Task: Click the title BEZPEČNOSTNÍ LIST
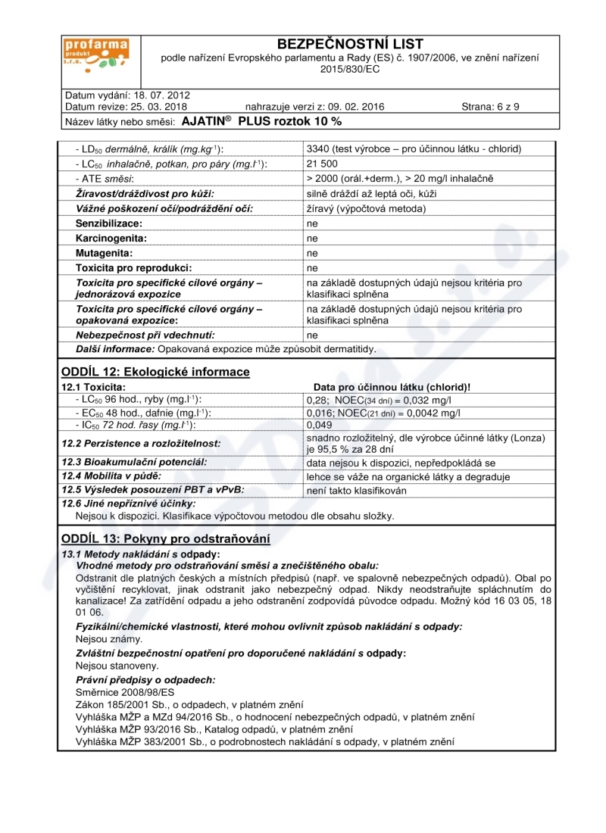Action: (x=350, y=44)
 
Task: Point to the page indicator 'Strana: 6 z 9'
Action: (x=490, y=107)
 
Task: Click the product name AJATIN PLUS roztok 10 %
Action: (x=262, y=121)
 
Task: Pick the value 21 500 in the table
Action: (x=323, y=164)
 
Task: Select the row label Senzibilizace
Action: (x=112, y=223)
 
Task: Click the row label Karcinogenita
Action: (x=111, y=238)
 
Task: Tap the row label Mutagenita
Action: (x=105, y=253)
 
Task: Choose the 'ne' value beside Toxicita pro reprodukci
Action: (x=311, y=268)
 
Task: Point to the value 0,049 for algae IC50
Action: (x=320, y=426)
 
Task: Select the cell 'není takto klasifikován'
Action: (x=357, y=490)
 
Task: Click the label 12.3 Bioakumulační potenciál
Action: (x=134, y=462)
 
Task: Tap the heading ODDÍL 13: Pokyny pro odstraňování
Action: (x=164, y=539)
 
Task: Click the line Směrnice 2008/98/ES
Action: (x=125, y=692)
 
